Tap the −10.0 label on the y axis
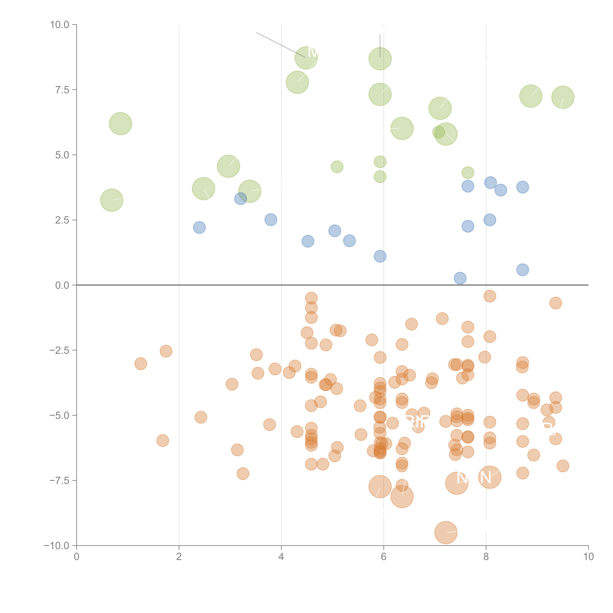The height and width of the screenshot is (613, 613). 57,546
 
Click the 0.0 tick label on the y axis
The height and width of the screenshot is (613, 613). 62,285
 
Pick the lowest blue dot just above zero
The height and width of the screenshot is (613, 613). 460,278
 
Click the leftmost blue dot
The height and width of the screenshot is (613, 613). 199,228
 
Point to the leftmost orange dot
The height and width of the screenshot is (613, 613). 140,364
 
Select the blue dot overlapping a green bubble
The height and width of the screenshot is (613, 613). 241,199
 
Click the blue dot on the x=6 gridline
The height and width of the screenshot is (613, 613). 380,256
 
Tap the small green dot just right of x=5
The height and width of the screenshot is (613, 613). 337,167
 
